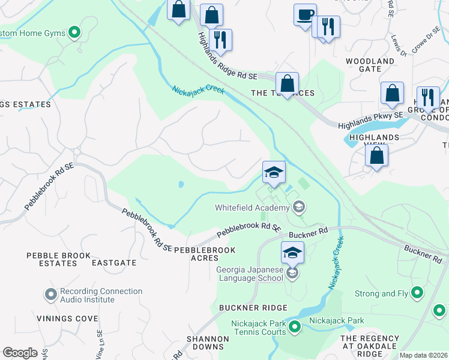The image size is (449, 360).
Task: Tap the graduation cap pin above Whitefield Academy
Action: point(274,173)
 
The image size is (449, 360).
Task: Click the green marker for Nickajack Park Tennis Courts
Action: point(294,327)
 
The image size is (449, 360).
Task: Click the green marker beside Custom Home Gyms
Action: point(74,32)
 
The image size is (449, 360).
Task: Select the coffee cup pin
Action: point(305,14)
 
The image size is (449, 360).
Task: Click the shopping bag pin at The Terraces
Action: point(288,83)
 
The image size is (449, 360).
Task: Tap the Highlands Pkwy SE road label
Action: point(371,120)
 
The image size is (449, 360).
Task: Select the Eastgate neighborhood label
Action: point(114,263)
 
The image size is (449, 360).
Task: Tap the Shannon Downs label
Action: point(207,343)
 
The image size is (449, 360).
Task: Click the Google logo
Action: point(20,353)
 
